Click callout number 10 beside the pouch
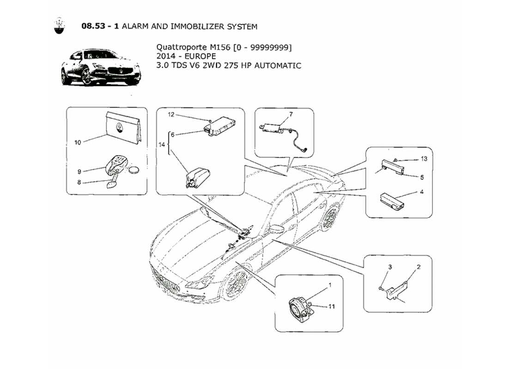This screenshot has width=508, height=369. tap(78, 143)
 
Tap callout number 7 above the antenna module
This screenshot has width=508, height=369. tap(290, 114)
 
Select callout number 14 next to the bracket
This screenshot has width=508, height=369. tap(161, 145)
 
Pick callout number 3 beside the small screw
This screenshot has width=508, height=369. tap(389, 267)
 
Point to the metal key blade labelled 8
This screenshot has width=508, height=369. tap(111, 184)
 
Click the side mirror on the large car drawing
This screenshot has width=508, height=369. tap(277, 229)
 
